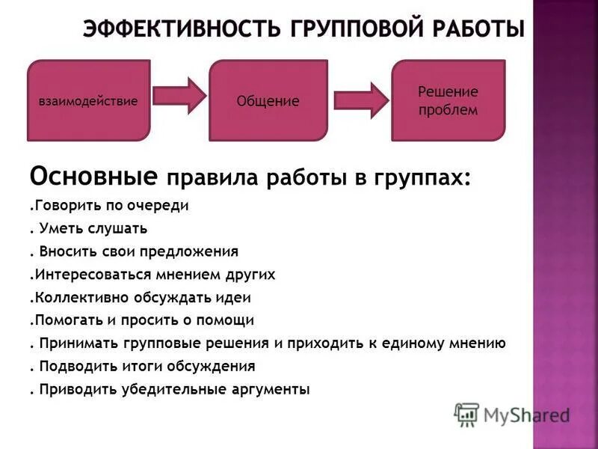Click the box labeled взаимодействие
click(x=87, y=101)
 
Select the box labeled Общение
click(x=268, y=101)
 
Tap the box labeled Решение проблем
click(x=448, y=101)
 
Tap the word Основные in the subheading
click(x=93, y=177)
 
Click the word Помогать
click(x=63, y=320)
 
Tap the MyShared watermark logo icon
click(x=467, y=414)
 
